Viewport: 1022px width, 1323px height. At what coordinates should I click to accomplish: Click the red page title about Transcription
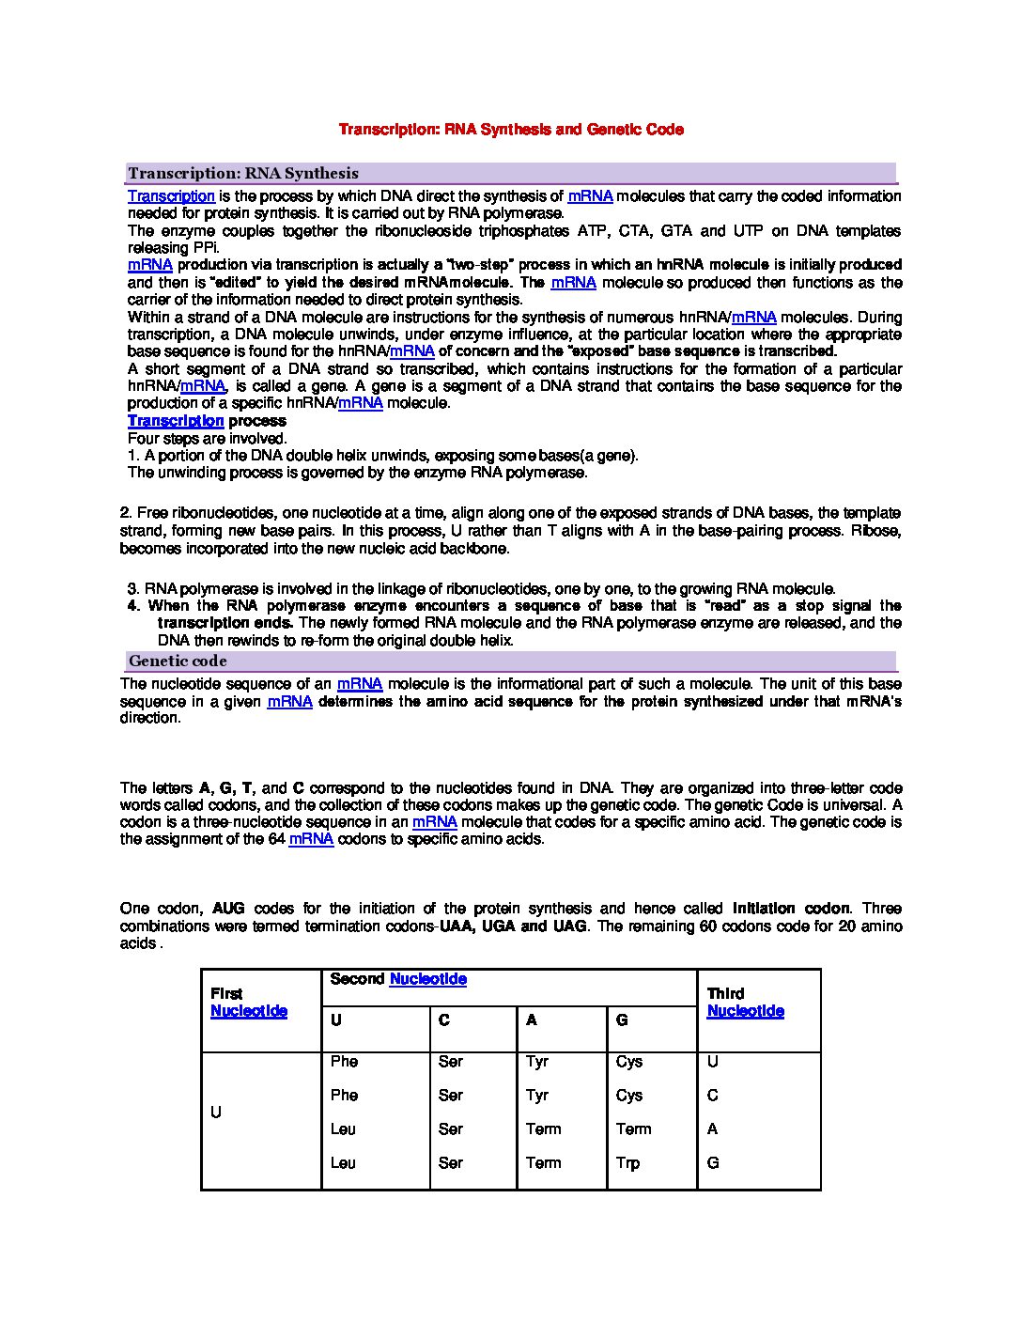click(511, 129)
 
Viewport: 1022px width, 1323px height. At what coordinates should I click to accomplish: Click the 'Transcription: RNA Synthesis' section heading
click(243, 173)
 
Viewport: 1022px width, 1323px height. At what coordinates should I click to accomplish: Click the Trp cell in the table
click(627, 1163)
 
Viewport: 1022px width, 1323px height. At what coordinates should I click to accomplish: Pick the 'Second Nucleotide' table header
click(398, 979)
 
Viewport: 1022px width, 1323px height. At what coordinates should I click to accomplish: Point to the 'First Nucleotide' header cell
click(249, 1003)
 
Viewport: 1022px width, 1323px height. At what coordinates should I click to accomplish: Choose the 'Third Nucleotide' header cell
click(745, 1003)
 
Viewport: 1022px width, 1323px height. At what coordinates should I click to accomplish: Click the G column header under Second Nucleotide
click(622, 1020)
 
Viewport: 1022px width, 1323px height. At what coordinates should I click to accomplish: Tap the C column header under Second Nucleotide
click(444, 1020)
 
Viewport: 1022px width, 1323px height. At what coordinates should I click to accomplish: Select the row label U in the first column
click(216, 1113)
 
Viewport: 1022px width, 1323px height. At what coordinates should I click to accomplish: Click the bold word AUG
click(228, 909)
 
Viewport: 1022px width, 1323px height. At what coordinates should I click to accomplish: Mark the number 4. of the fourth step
click(133, 606)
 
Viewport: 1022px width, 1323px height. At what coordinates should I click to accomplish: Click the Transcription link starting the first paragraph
click(171, 196)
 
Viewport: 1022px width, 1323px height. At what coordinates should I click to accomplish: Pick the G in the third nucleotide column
click(713, 1163)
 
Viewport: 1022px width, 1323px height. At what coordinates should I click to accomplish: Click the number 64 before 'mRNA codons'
click(276, 839)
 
